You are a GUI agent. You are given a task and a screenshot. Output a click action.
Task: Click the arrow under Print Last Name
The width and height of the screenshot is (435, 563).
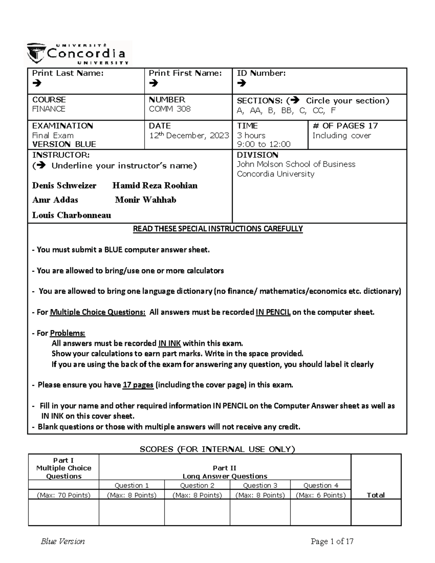point(37,83)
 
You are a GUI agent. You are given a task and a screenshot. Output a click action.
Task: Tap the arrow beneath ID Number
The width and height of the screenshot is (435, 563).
point(241,83)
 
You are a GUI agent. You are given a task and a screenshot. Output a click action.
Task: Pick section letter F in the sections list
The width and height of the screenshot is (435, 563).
point(333,111)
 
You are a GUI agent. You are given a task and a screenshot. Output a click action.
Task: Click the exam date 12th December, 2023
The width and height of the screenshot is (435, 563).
point(189,136)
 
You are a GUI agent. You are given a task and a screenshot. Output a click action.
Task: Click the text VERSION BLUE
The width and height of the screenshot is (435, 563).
point(64,144)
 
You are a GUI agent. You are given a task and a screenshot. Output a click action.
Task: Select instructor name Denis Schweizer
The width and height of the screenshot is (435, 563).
point(64,186)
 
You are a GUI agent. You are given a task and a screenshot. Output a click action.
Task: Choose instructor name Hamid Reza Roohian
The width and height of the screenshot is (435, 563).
point(155,186)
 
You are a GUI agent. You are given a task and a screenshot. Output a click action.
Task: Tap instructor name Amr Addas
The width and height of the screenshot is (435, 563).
point(55,200)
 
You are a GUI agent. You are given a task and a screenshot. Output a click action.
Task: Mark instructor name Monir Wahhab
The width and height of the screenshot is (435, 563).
point(145,200)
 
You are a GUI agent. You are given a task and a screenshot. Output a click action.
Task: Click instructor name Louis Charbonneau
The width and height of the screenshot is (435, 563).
point(71,215)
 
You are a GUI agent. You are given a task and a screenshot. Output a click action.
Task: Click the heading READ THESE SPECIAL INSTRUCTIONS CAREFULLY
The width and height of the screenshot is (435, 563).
point(217,229)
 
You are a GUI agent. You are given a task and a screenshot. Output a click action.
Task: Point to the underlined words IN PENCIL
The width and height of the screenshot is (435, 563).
point(273,312)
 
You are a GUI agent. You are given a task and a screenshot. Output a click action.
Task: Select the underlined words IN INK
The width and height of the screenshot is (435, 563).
point(169,344)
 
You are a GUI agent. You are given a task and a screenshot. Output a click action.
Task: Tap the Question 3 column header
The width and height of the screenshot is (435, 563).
point(260,485)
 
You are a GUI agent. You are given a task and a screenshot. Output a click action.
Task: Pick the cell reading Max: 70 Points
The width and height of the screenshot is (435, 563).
point(63,495)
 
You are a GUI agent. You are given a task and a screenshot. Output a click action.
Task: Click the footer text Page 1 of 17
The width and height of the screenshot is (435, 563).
point(332,542)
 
